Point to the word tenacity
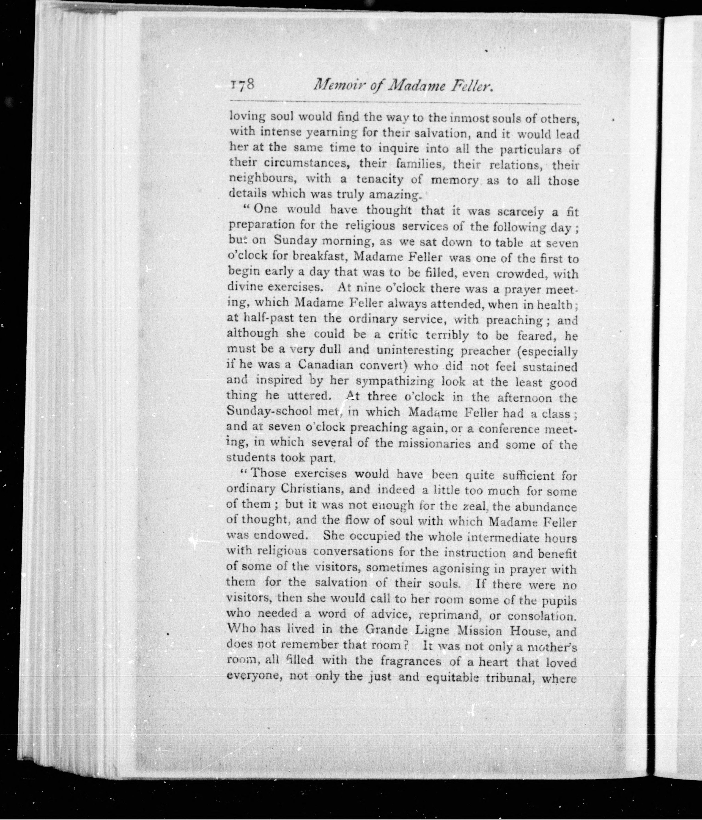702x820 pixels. point(380,180)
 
